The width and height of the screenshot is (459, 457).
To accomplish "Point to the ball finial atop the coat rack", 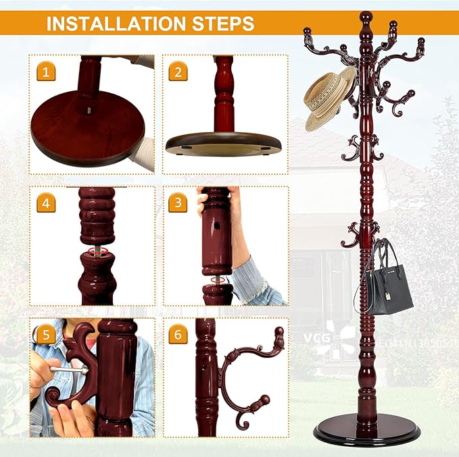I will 366,17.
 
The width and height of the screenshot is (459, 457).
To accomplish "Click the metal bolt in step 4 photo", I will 97,251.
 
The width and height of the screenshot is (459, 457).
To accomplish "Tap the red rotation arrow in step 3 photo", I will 216,279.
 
